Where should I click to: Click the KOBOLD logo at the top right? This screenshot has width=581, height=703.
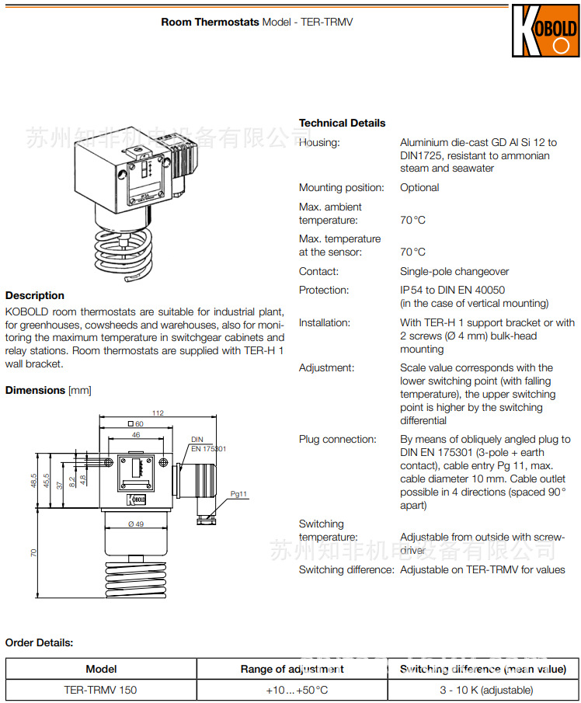pyautogui.click(x=544, y=31)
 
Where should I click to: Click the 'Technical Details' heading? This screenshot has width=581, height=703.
pyautogui.click(x=342, y=123)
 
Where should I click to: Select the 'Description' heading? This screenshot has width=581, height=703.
pyautogui.click(x=35, y=295)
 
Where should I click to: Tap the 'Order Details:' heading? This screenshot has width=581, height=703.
pyautogui.click(x=40, y=642)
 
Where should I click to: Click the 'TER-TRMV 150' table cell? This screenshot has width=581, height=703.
pyautogui.click(x=101, y=690)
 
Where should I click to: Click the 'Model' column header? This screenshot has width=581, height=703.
pyautogui.click(x=101, y=669)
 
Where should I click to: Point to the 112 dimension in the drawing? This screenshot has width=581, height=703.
pyautogui.click(x=158, y=413)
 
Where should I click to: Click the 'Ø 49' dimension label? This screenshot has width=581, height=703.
pyautogui.click(x=136, y=524)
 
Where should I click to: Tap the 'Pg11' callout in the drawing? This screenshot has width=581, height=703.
pyautogui.click(x=239, y=494)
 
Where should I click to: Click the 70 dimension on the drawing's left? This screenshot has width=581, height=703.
pyautogui.click(x=33, y=552)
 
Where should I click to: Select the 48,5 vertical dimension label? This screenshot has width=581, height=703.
pyautogui.click(x=33, y=482)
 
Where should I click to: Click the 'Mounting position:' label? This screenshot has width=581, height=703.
pyautogui.click(x=342, y=187)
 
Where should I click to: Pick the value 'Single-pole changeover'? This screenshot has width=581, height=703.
pyautogui.click(x=454, y=271)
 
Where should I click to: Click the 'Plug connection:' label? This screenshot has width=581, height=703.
pyautogui.click(x=338, y=439)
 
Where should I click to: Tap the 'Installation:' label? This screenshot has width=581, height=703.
pyautogui.click(x=325, y=322)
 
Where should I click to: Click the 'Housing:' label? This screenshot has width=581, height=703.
pyautogui.click(x=319, y=142)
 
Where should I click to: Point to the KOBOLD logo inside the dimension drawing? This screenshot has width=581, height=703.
pyautogui.click(x=137, y=499)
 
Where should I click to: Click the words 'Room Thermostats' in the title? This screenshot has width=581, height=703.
pyautogui.click(x=210, y=22)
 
